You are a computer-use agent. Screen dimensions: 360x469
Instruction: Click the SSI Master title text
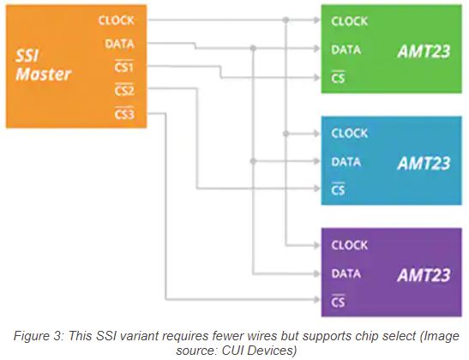tap(42, 64)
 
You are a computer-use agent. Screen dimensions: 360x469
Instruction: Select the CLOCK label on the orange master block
tap(116, 20)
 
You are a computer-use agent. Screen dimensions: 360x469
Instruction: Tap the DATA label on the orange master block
tap(118, 43)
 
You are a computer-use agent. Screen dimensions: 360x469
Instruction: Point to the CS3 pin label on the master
tap(124, 113)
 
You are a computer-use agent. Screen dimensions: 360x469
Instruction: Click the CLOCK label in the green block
tap(349, 21)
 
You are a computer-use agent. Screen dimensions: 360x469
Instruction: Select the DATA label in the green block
tap(346, 50)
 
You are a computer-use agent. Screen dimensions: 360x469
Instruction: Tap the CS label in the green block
tap(338, 78)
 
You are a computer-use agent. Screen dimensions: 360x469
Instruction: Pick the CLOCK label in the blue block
tap(349, 133)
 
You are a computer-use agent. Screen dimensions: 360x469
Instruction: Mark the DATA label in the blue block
tap(346, 161)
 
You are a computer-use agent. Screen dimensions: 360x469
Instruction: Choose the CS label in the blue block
tap(338, 189)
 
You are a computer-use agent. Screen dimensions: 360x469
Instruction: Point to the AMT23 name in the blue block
tap(424, 162)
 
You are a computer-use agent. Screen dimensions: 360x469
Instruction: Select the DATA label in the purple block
tap(346, 273)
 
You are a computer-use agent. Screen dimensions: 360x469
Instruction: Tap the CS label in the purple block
tap(338, 302)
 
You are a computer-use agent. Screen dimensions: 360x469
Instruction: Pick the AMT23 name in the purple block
tap(424, 274)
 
